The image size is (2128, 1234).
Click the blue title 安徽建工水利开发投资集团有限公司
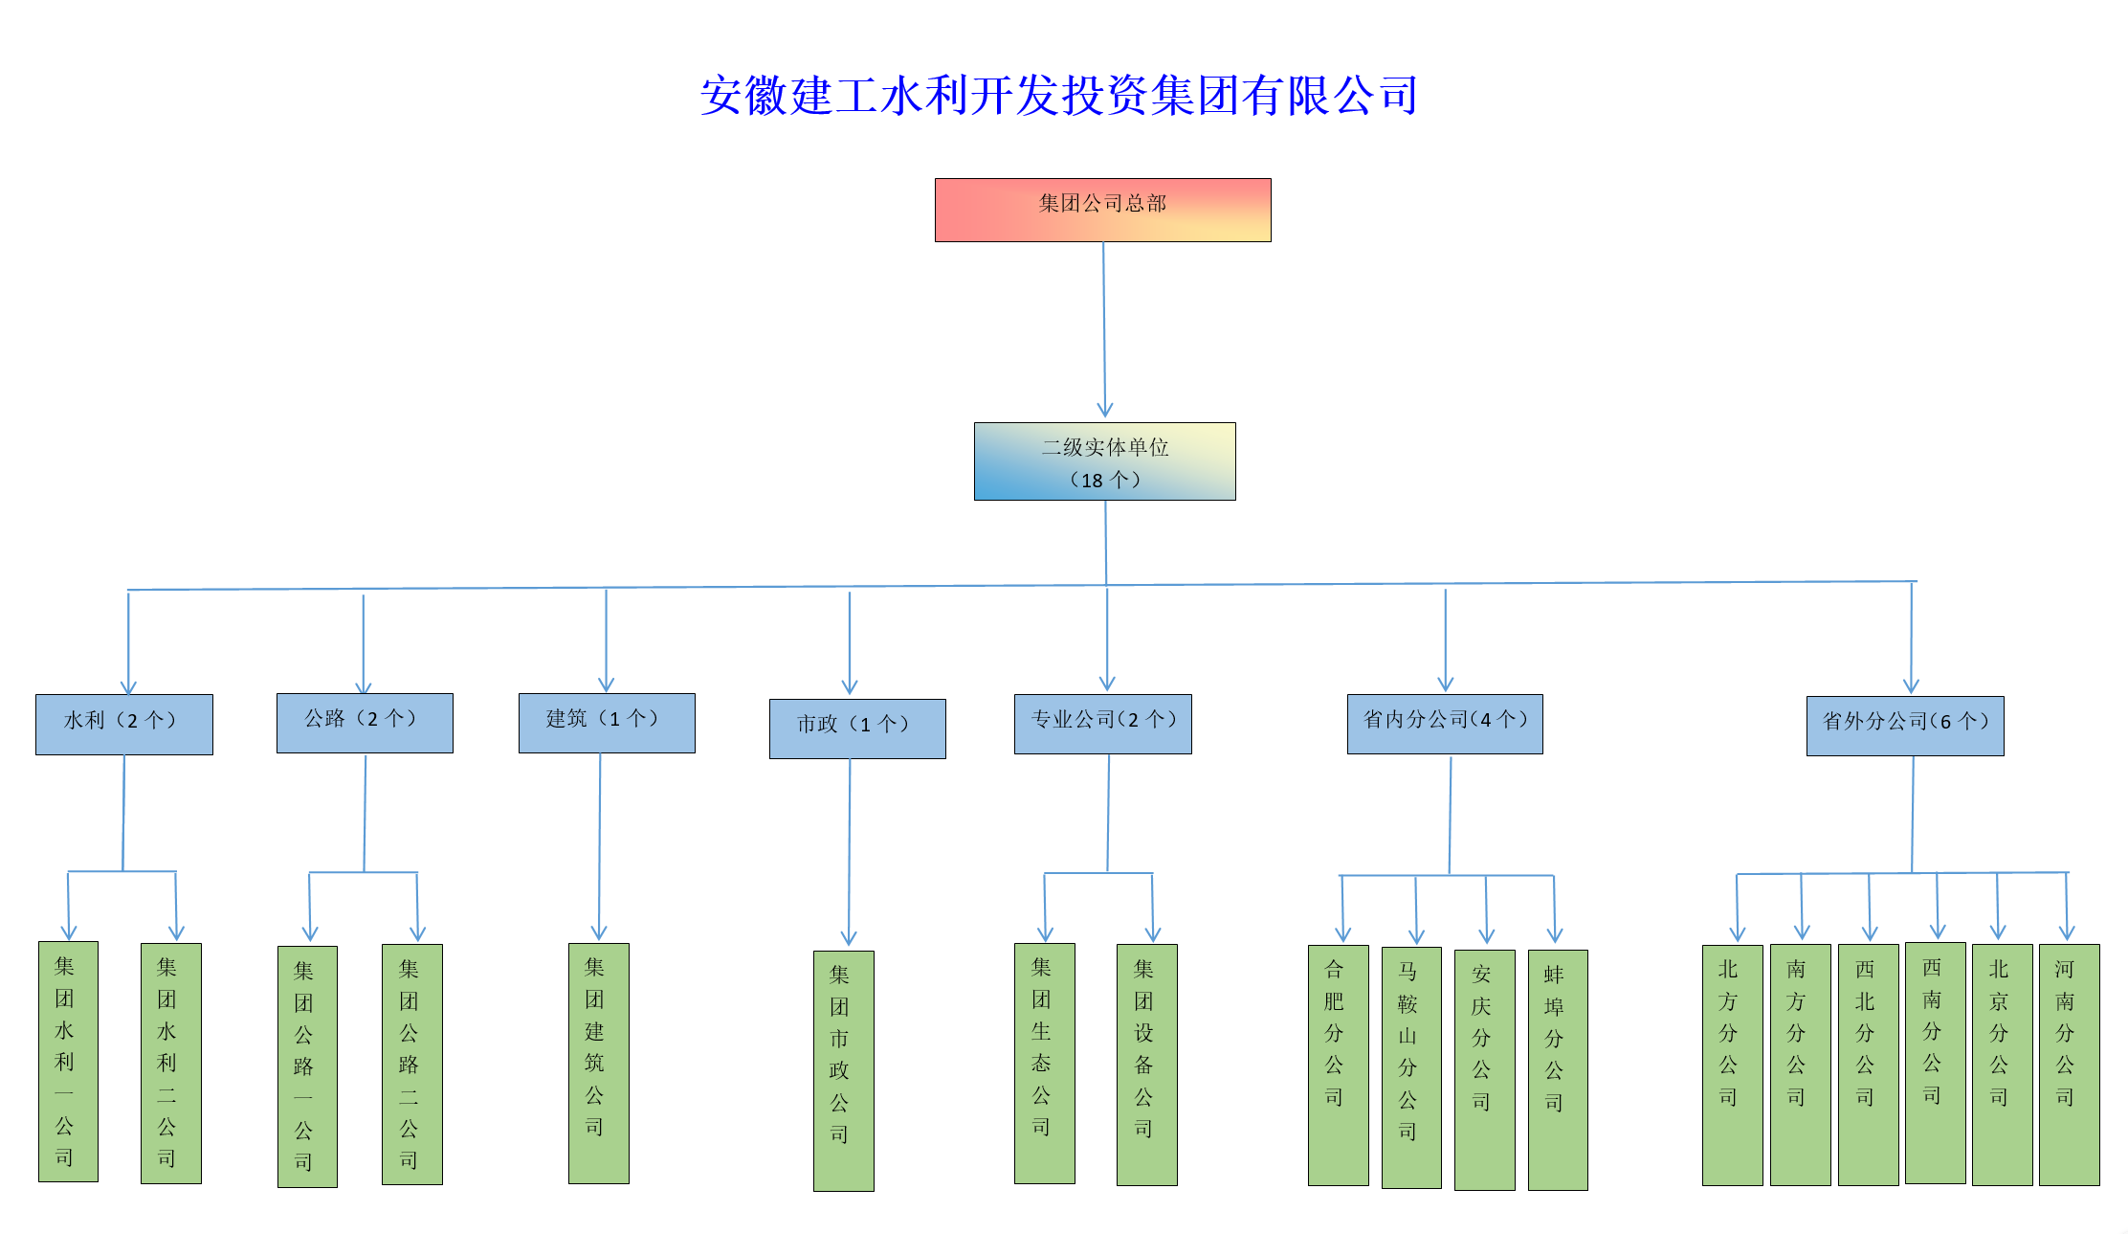(x=1058, y=96)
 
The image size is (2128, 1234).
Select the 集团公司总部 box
(x=1102, y=210)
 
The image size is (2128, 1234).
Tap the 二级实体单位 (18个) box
(x=1104, y=461)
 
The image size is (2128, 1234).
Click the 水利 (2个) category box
(x=124, y=724)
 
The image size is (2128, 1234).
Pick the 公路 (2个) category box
(x=365, y=723)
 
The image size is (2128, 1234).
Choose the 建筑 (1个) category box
(x=607, y=723)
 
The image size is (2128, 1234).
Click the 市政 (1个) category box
(x=857, y=729)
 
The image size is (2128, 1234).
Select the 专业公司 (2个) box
(x=1102, y=724)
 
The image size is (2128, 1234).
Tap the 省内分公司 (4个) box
(x=1445, y=724)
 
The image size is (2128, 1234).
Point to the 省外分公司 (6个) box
(x=1904, y=726)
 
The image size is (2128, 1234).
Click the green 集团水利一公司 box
(x=68, y=1061)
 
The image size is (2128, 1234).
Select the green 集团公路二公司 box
(x=411, y=1065)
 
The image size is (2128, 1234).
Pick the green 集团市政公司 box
(x=843, y=1070)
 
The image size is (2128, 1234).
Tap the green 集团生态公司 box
(x=1044, y=1063)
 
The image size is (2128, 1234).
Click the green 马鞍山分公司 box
(x=1411, y=1067)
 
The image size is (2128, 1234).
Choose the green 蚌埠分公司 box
(x=1558, y=1069)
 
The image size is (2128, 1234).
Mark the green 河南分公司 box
(x=2069, y=1065)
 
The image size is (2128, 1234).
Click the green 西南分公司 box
(x=1935, y=1063)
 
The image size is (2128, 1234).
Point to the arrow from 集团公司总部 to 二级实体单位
(x=1104, y=330)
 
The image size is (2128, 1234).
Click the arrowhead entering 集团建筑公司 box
(x=599, y=933)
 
